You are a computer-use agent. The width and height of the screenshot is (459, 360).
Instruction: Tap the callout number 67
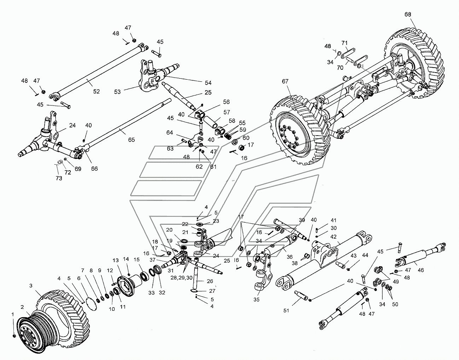(285, 81)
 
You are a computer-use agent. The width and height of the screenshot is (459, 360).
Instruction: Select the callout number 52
(96, 91)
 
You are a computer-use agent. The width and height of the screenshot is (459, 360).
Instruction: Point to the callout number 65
(132, 140)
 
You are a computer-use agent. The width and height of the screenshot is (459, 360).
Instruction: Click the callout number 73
(59, 178)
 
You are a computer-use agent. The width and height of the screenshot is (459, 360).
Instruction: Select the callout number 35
(256, 299)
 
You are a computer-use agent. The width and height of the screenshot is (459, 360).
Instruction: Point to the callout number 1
(13, 314)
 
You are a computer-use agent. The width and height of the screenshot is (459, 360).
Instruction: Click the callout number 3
(31, 285)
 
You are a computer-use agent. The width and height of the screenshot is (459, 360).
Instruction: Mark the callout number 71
(344, 43)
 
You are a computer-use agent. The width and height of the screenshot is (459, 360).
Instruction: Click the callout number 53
(117, 92)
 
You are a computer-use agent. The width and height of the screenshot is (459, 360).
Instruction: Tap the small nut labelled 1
(14, 335)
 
